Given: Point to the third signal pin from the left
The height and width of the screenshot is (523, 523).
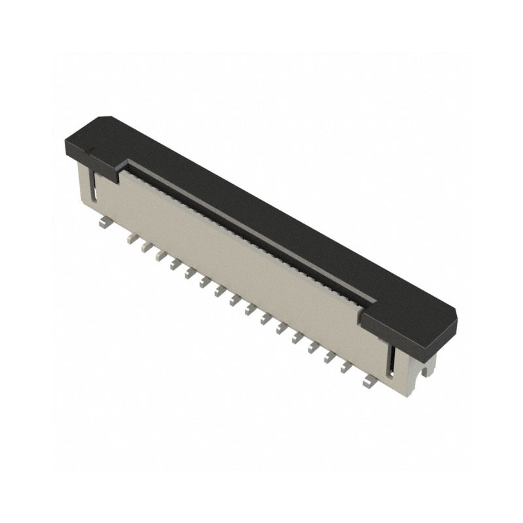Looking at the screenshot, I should tap(161, 254).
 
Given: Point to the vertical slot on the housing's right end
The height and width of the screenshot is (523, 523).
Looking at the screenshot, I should tap(392, 359).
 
